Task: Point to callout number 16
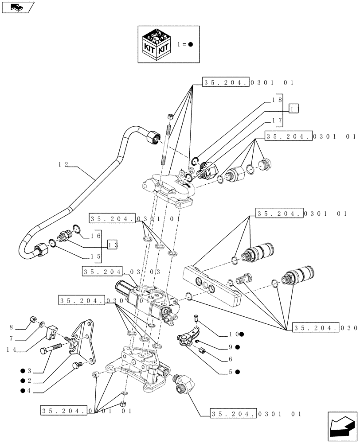pyautogui.click(x=95, y=236)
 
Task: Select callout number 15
pyautogui.click(x=95, y=256)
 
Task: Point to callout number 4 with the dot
pyautogui.click(x=25, y=390)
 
